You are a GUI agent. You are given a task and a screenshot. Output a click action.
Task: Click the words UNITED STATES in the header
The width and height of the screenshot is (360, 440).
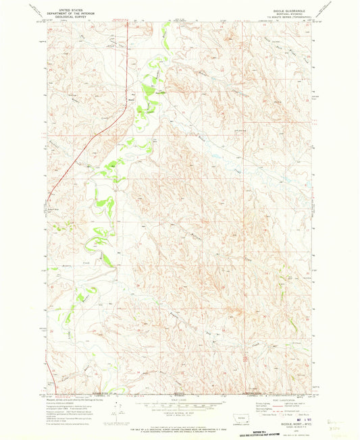click(x=63, y=7)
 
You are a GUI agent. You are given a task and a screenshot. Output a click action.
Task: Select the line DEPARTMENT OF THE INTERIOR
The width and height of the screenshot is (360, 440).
click(x=63, y=11)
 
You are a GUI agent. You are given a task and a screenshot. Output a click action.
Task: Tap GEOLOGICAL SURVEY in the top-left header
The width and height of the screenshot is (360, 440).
click(x=63, y=15)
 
